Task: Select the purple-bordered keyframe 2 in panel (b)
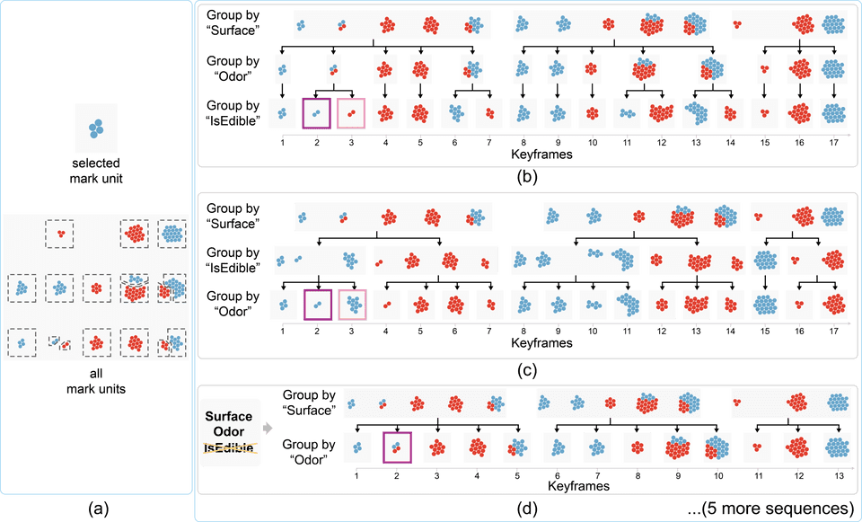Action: coord(317,112)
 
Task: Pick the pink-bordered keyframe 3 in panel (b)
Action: coord(351,112)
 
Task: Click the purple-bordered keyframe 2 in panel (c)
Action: coord(318,303)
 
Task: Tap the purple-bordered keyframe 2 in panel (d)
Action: coord(396,445)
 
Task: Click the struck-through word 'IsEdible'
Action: coord(228,447)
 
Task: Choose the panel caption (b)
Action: coord(527,176)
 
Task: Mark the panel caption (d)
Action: coord(527,509)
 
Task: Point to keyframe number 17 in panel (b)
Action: coord(832,142)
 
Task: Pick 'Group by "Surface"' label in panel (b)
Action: coord(233,22)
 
